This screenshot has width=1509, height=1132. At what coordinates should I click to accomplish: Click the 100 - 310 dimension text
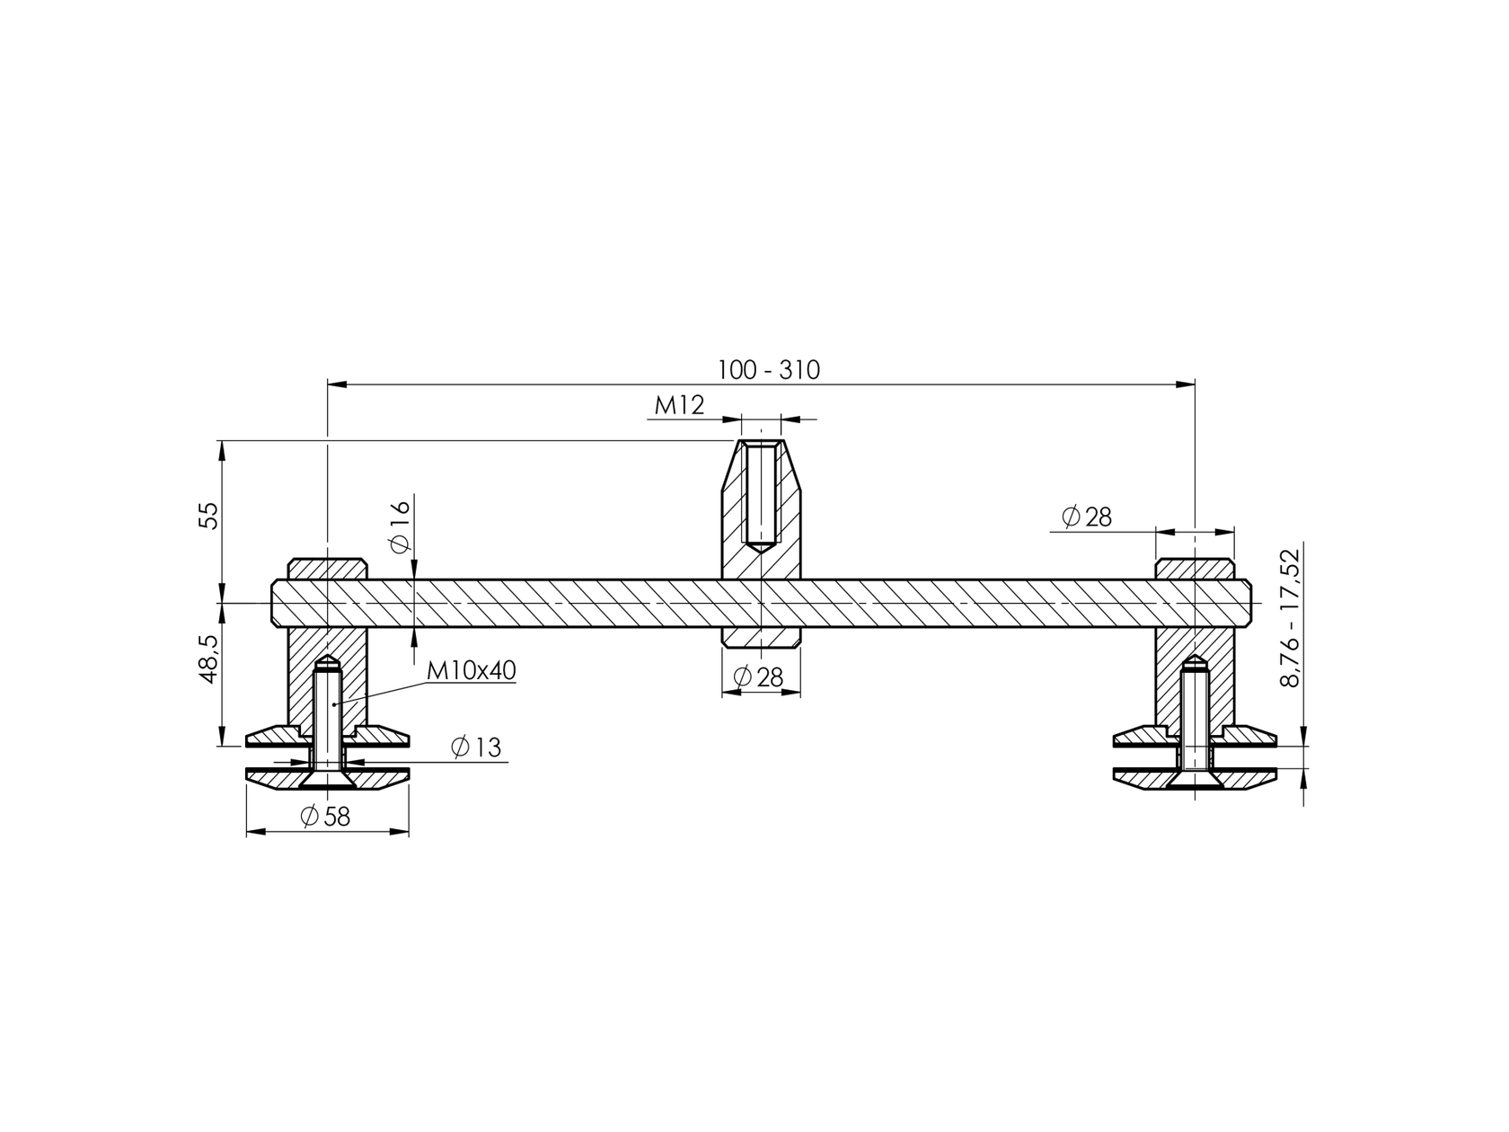tap(768, 370)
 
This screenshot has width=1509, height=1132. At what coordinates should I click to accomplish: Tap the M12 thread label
tap(679, 406)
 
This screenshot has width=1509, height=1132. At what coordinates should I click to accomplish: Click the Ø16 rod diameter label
tap(401, 525)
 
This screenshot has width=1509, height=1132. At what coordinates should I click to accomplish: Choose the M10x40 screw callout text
tap(471, 670)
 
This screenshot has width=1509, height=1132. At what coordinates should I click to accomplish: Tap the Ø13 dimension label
tap(477, 747)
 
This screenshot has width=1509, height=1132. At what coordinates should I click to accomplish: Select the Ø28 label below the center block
tap(759, 677)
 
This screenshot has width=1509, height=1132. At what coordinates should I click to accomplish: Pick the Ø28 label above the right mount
tap(1086, 517)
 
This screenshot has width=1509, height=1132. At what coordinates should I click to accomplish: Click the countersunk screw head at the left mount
tap(327, 780)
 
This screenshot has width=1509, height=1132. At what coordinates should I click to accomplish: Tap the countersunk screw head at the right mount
tap(1194, 780)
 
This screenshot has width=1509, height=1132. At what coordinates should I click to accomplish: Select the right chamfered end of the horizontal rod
tap(1247, 603)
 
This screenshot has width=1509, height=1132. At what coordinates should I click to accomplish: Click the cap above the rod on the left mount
tap(327, 569)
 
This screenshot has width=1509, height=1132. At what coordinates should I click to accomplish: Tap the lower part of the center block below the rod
tap(762, 637)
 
